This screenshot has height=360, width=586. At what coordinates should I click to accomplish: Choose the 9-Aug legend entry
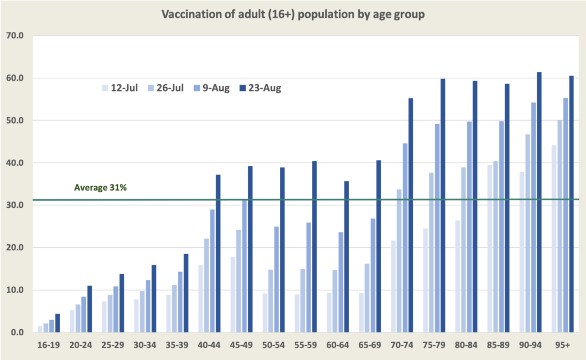pos(212,88)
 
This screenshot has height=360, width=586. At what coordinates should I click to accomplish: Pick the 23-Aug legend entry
pos(260,88)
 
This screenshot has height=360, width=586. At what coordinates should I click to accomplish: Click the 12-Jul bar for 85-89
pos(490,248)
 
